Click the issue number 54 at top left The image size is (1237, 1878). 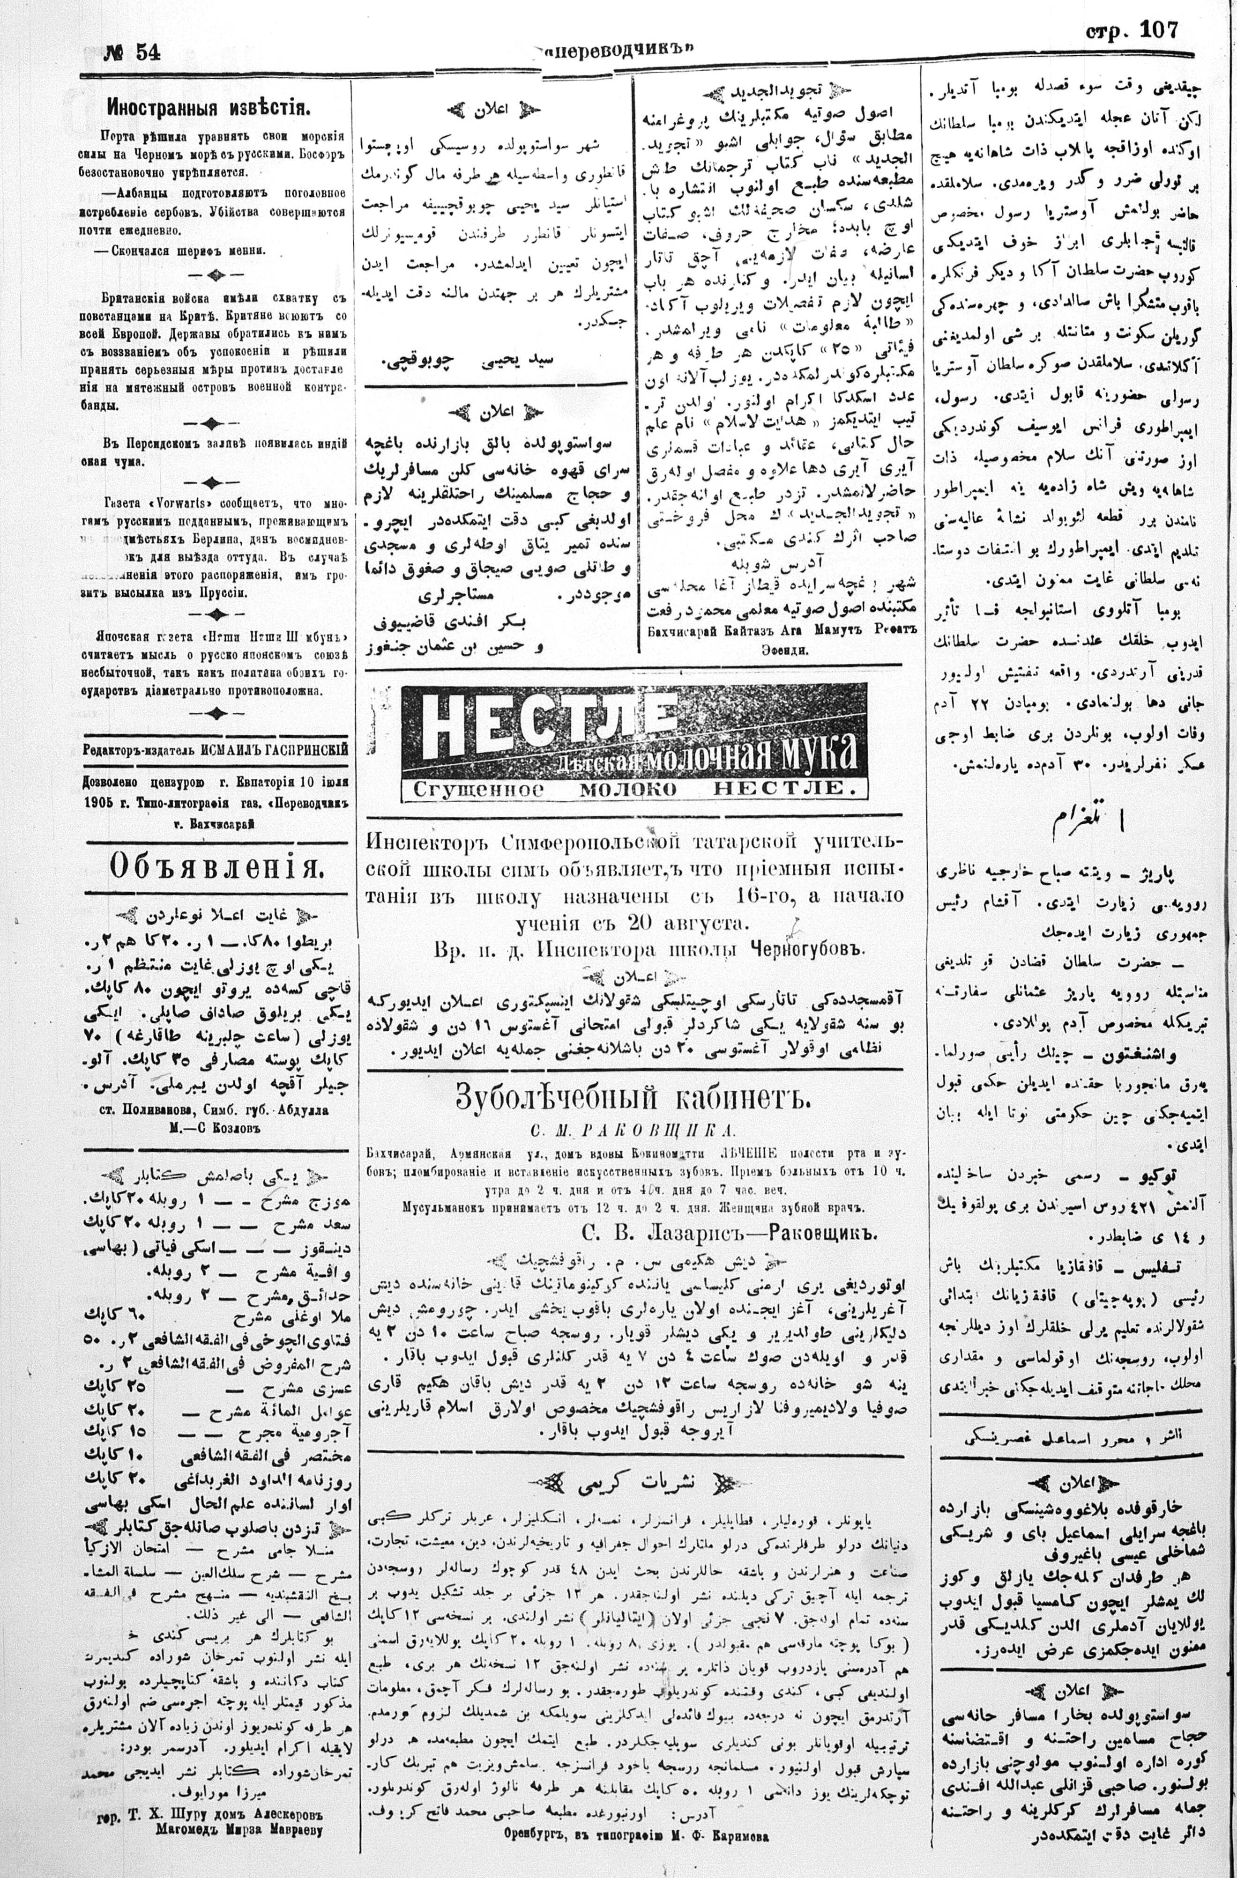(147, 52)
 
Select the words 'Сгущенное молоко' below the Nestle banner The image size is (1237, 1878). (542, 789)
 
